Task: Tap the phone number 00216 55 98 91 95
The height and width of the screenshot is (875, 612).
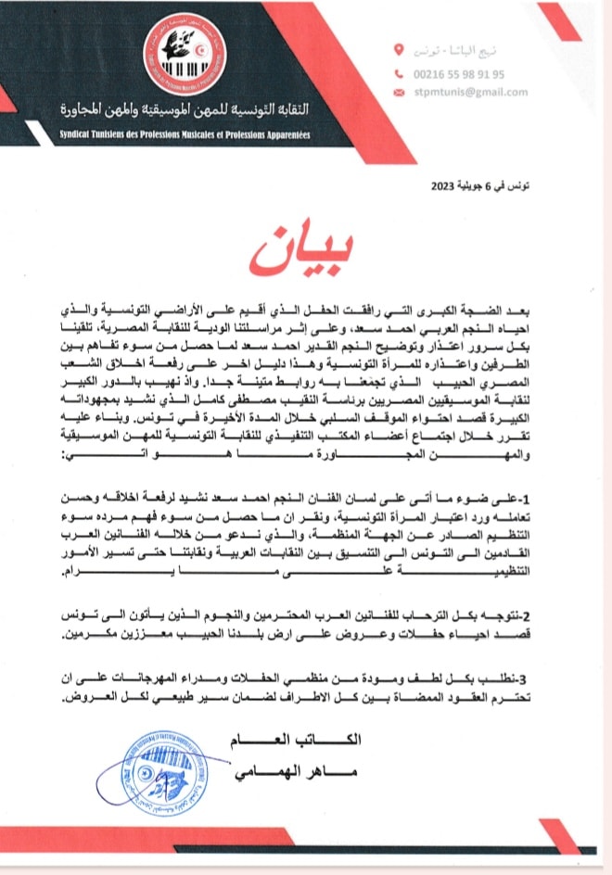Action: (465, 73)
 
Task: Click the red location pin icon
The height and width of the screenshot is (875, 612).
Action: (399, 49)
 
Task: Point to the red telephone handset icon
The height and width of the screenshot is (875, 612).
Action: (400, 73)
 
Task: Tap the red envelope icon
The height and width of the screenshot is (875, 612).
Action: (400, 92)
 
